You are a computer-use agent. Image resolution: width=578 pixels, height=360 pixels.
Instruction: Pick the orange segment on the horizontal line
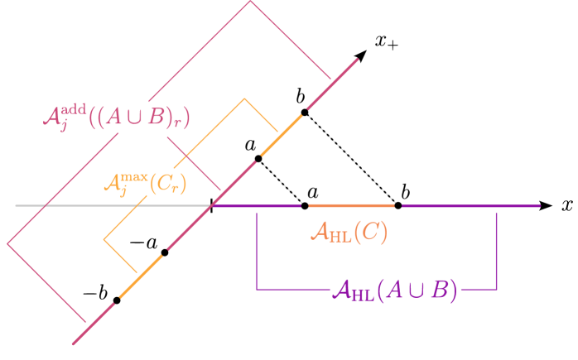coord(351,205)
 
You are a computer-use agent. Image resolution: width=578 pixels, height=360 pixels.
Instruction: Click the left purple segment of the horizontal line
coord(257,205)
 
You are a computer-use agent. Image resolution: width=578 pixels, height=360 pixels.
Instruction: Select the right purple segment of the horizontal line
coord(470,205)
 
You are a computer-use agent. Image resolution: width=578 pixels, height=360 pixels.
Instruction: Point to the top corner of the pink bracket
coord(251,2)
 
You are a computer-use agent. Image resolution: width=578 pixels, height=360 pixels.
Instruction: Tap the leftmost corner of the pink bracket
coord(8,244)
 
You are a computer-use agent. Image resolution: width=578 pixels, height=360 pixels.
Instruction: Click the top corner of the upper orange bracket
coord(244,99)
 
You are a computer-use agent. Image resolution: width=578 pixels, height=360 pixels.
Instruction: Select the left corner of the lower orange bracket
coord(104,240)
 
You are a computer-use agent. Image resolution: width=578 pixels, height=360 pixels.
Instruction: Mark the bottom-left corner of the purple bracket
coord(257,290)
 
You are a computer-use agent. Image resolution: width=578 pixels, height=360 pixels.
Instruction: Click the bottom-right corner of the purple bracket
coord(497,290)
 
